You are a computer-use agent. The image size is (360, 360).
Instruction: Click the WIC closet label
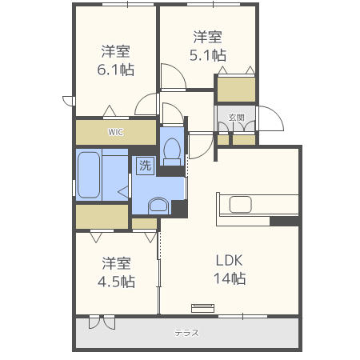click(x=116, y=132)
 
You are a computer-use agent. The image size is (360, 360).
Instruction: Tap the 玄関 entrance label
click(x=236, y=118)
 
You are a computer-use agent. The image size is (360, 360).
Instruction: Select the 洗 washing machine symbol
click(x=145, y=166)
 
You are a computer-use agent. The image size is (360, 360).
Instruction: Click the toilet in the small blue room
click(x=172, y=149)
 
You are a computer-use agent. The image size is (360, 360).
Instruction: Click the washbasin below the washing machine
click(x=158, y=206)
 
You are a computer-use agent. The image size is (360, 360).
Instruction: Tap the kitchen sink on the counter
click(x=241, y=204)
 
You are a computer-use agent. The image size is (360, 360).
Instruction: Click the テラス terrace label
click(x=186, y=333)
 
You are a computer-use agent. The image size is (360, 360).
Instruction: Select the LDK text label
click(x=228, y=260)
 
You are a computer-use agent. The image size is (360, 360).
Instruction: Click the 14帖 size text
click(x=228, y=278)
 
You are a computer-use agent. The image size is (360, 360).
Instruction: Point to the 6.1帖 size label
click(x=116, y=69)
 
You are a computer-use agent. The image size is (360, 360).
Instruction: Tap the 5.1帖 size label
click(x=207, y=55)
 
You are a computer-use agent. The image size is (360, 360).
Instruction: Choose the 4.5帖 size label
click(x=116, y=282)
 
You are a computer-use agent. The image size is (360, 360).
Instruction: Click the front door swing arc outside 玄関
click(x=270, y=118)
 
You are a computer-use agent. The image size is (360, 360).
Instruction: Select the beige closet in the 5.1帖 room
click(x=236, y=89)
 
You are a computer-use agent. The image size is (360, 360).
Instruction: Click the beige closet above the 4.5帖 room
click(x=102, y=216)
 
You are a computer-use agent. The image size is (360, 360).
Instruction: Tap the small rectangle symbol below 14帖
click(x=202, y=306)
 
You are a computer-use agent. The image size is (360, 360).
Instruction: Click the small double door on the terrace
click(x=102, y=322)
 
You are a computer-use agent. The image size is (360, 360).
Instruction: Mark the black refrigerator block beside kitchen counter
click(x=284, y=221)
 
